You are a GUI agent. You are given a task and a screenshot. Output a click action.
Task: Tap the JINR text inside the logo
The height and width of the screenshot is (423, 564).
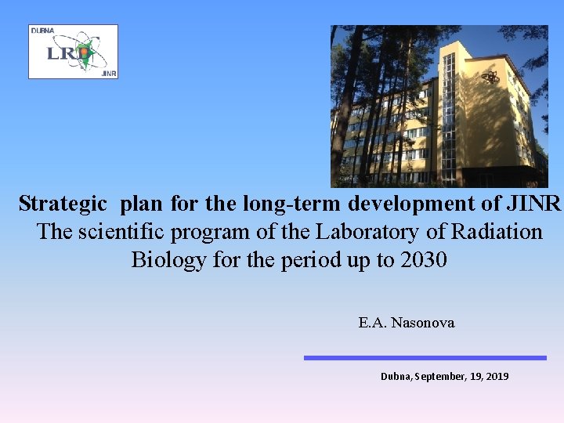click(108, 73)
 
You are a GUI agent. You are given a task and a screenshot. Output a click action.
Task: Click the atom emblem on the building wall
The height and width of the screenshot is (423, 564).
click(490, 77)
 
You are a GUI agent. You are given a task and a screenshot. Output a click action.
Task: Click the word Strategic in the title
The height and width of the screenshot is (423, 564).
click(63, 204)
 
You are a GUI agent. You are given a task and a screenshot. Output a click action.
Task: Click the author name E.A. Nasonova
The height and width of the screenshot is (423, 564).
click(407, 323)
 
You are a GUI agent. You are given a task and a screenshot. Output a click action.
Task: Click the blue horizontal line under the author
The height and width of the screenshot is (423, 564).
click(425, 358)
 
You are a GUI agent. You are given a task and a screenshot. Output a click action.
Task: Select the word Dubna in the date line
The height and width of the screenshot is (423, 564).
click(396, 377)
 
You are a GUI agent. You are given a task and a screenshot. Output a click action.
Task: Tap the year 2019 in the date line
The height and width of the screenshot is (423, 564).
click(497, 377)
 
